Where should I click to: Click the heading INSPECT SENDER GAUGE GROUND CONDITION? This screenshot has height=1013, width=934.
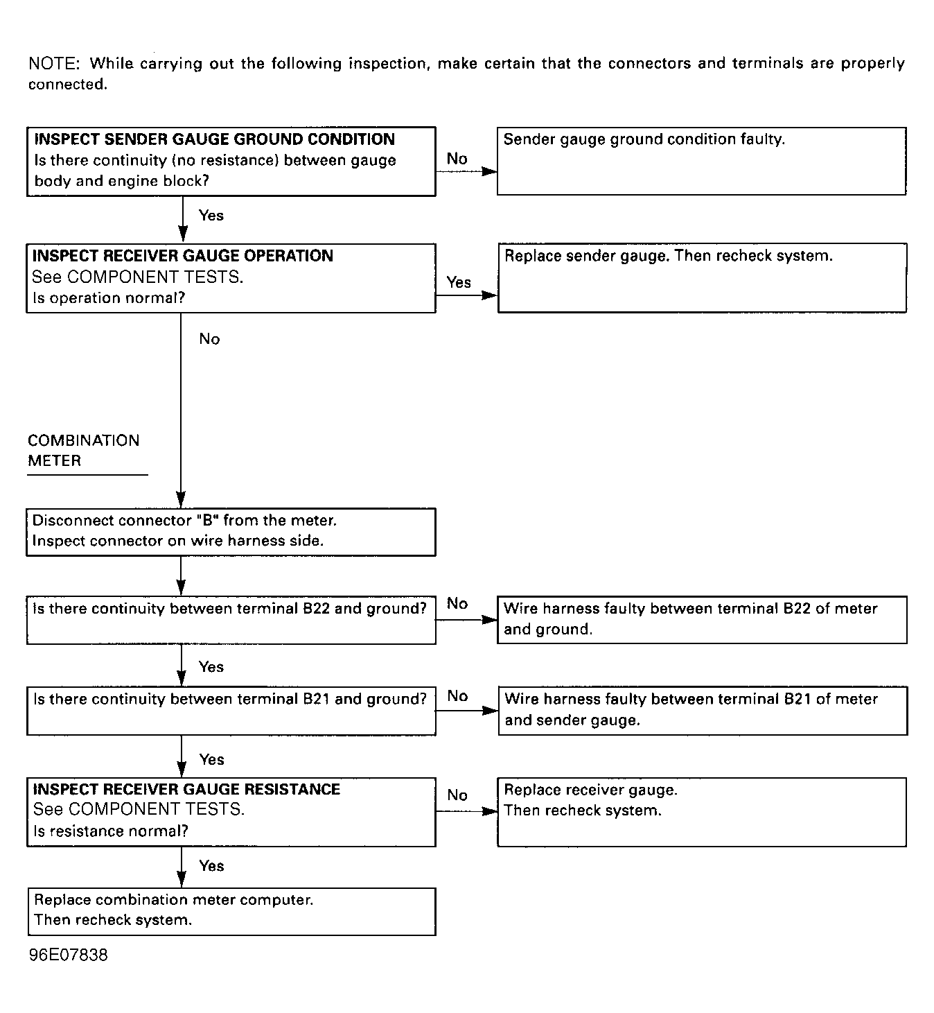pyautogui.click(x=214, y=139)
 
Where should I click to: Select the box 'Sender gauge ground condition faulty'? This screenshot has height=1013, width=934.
pyautogui.click(x=701, y=161)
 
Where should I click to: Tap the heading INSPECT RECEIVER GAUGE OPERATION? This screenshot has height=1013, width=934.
pyautogui.click(x=183, y=256)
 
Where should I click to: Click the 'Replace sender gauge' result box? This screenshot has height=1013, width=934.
pyautogui.click(x=702, y=277)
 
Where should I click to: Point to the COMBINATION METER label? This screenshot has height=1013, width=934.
pyautogui.click(x=83, y=451)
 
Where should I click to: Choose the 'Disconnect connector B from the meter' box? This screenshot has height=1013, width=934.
pyautogui.click(x=231, y=532)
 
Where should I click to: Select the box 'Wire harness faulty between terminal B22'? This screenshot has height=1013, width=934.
pyautogui.click(x=702, y=619)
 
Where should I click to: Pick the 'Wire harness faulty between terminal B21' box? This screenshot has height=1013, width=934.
pyautogui.click(x=703, y=710)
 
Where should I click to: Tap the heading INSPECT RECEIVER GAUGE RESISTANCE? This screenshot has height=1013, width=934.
pyautogui.click(x=186, y=789)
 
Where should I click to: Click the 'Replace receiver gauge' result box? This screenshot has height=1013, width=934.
pyautogui.click(x=702, y=812)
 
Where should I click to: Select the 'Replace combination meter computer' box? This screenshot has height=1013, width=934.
pyautogui.click(x=231, y=911)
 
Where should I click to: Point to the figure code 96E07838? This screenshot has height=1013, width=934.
pyautogui.click(x=69, y=955)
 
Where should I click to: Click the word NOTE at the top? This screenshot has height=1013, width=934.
pyautogui.click(x=53, y=64)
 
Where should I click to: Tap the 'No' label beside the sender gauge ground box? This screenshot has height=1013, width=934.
pyautogui.click(x=457, y=159)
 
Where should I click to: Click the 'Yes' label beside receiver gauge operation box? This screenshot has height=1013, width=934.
pyautogui.click(x=459, y=282)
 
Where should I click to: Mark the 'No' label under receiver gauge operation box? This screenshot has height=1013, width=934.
pyautogui.click(x=209, y=338)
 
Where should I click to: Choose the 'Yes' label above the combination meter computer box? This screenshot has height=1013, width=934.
pyautogui.click(x=211, y=865)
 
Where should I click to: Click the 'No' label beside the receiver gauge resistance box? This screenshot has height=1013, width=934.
pyautogui.click(x=457, y=795)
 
